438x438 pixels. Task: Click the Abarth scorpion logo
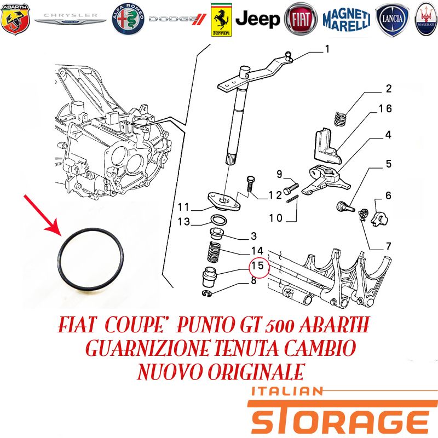tap(15, 19)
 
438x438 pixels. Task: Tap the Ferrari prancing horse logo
tap(221, 20)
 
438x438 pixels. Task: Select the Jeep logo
tap(257, 20)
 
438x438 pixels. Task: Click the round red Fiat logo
tap(301, 19)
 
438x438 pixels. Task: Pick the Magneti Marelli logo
tap(347, 19)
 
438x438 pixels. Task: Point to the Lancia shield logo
tap(393, 19)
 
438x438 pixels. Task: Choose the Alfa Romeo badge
tap(128, 19)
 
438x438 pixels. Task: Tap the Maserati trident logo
tap(427, 19)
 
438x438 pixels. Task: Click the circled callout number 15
tap(258, 266)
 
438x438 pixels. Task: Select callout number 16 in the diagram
tap(385, 108)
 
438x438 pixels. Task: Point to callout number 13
tap(184, 222)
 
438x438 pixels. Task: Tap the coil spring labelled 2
tap(341, 119)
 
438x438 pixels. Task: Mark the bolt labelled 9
tap(291, 188)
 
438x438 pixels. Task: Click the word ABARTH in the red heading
tap(334, 324)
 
